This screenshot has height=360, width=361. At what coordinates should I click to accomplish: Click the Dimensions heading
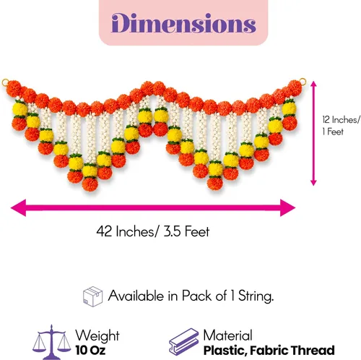click(183, 23)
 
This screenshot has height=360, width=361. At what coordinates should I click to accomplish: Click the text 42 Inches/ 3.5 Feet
click(153, 231)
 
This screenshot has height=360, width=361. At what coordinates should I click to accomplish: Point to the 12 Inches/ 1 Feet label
click(342, 125)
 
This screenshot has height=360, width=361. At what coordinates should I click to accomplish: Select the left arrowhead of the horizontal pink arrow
click(19, 207)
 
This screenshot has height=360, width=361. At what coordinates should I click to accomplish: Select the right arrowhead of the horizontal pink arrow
click(287, 207)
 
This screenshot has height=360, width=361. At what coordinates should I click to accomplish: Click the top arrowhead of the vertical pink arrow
click(313, 84)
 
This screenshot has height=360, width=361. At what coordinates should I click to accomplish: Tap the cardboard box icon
click(92, 296)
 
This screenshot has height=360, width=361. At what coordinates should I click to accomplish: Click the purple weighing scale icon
click(51, 342)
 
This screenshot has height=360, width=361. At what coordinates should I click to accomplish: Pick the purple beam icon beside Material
click(183, 341)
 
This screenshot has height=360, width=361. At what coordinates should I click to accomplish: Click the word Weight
click(97, 335)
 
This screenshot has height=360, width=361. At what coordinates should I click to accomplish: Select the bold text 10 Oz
click(90, 350)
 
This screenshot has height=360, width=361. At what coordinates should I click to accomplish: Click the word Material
click(227, 335)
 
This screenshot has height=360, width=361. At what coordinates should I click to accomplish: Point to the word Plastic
click(225, 350)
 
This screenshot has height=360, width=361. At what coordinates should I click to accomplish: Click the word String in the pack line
click(256, 296)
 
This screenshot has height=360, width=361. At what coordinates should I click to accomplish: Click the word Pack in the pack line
click(197, 296)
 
